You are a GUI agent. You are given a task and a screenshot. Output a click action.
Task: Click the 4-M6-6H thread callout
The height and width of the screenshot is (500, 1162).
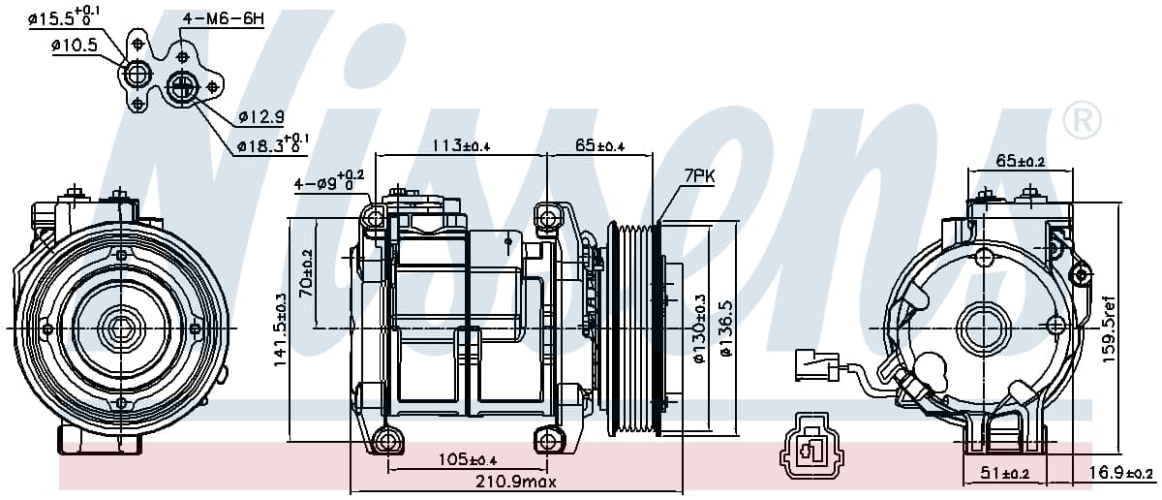[x=224, y=19]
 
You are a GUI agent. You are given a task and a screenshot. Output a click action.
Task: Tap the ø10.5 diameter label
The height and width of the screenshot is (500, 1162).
[x=75, y=46]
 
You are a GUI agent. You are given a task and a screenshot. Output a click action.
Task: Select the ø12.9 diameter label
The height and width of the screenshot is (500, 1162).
[x=261, y=117]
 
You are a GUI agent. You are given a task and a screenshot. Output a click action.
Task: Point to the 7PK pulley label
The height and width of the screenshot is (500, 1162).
[x=699, y=176]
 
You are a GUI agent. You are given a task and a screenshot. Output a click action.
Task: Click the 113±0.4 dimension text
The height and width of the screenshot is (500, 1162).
[x=462, y=145]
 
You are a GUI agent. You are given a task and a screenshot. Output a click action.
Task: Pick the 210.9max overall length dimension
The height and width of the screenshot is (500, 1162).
[x=515, y=482]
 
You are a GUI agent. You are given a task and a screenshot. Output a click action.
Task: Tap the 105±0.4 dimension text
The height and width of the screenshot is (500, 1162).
[x=468, y=459]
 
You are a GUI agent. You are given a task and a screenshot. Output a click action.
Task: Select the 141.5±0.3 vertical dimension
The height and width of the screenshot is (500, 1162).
[x=280, y=329]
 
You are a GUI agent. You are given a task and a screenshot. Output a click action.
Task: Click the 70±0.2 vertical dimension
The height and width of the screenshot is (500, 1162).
[x=306, y=273]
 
